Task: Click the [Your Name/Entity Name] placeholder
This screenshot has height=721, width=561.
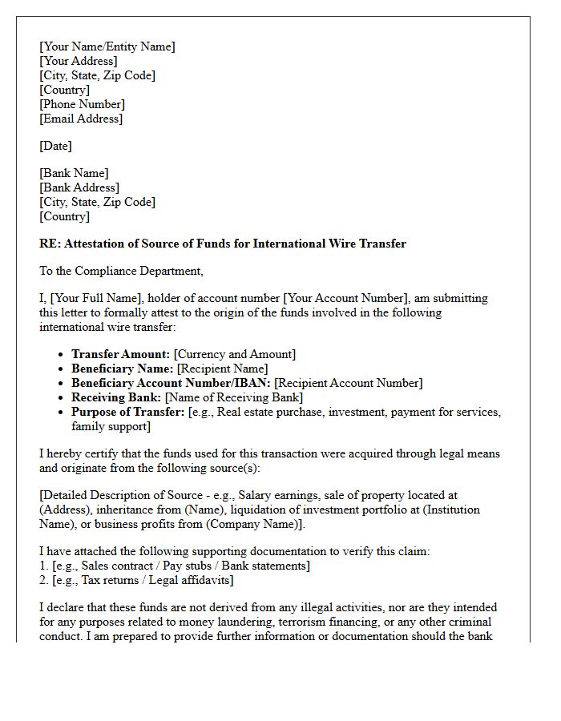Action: click(x=107, y=46)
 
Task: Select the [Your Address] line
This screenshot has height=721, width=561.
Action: click(x=79, y=61)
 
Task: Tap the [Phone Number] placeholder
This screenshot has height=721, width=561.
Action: click(x=83, y=104)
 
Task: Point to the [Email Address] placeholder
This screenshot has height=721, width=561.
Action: click(x=81, y=119)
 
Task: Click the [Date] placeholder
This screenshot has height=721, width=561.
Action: click(x=55, y=146)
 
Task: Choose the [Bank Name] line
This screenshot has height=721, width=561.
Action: click(x=74, y=173)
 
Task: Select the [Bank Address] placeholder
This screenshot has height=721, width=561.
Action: click(x=79, y=187)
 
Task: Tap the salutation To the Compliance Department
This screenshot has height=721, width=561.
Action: click(x=122, y=271)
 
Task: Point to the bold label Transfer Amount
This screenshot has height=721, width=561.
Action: click(x=120, y=354)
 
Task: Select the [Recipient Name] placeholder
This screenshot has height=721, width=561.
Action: click(x=222, y=369)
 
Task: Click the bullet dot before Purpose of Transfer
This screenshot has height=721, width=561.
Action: click(x=62, y=413)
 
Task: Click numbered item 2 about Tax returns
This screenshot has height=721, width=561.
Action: click(x=136, y=580)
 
